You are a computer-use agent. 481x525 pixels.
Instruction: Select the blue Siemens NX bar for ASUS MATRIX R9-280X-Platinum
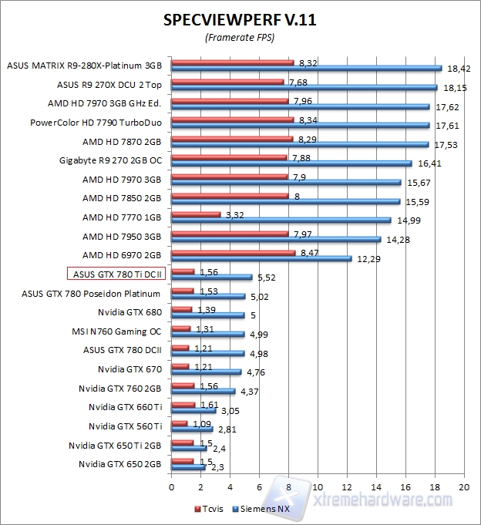306,68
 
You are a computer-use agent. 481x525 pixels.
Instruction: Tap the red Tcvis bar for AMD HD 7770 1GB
196,214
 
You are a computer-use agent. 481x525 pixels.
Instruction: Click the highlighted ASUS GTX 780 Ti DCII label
115,273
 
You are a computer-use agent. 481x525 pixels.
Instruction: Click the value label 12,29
368,259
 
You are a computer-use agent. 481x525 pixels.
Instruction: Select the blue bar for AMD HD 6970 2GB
261,258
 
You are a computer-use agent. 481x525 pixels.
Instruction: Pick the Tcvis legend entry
212,510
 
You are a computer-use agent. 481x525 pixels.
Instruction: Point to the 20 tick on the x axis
463,487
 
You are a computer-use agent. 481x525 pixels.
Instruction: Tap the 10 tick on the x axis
318,487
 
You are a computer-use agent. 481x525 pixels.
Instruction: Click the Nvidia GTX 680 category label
130,311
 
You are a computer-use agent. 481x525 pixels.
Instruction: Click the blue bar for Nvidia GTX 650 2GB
188,466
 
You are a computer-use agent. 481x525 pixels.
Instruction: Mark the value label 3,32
234,215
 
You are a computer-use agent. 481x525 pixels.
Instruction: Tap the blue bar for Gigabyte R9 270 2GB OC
291,163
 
